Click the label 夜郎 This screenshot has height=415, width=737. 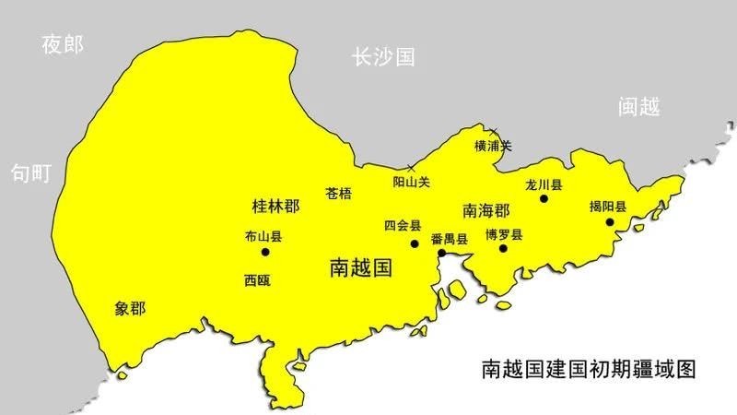point(62,43)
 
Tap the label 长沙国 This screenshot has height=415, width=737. point(382,56)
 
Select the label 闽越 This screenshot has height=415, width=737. point(638,107)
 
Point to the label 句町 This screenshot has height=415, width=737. point(30,172)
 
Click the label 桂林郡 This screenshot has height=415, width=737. point(275,204)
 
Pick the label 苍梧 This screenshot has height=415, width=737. point(339,194)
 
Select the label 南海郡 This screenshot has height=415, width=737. point(486,209)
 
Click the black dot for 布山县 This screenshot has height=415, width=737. point(265,252)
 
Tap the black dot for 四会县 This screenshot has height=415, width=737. point(415,243)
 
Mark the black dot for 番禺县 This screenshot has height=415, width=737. point(442,252)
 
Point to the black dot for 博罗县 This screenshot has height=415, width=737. point(503,248)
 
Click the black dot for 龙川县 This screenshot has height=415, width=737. point(544,197)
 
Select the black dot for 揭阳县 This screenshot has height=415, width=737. point(610,221)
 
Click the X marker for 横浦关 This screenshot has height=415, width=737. point(494,131)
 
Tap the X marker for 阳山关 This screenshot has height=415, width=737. point(411,169)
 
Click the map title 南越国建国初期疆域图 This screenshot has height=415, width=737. point(587,370)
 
